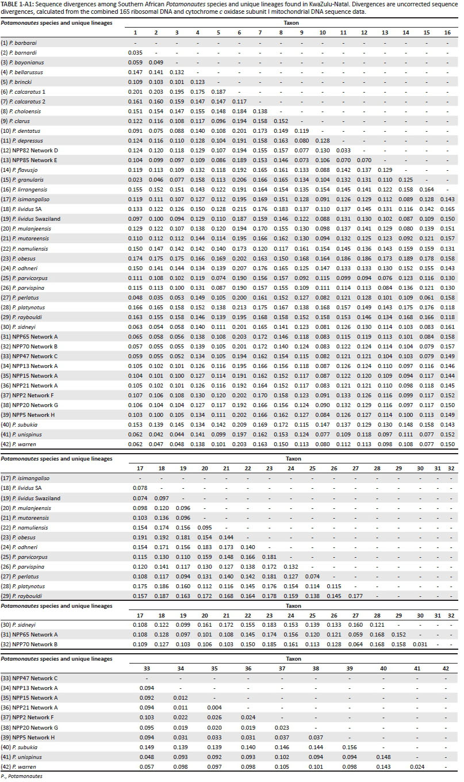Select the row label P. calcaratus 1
[30, 92]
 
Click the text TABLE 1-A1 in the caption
[17, 4]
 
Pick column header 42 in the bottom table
[445, 669]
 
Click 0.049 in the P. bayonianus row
[156, 63]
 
